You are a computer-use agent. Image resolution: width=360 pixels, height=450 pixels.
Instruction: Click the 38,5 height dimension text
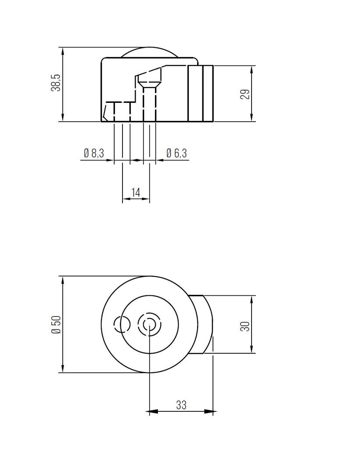[x=55, y=82]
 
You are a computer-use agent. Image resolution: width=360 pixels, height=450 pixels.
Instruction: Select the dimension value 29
[x=246, y=94]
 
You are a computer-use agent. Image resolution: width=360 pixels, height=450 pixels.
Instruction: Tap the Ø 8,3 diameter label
[x=94, y=153]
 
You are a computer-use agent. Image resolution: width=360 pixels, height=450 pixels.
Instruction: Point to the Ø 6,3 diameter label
[x=176, y=153]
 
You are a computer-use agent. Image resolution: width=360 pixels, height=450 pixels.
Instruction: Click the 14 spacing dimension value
[x=136, y=192]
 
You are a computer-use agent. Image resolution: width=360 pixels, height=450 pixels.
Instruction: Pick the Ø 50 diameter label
[x=55, y=324]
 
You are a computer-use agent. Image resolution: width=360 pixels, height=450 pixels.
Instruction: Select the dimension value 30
[x=245, y=326]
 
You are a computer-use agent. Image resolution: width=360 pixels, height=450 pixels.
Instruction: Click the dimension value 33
[x=181, y=405]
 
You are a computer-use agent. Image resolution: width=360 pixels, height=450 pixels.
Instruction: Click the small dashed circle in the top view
[x=122, y=324]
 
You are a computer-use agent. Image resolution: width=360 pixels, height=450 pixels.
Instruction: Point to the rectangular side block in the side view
[x=201, y=93]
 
